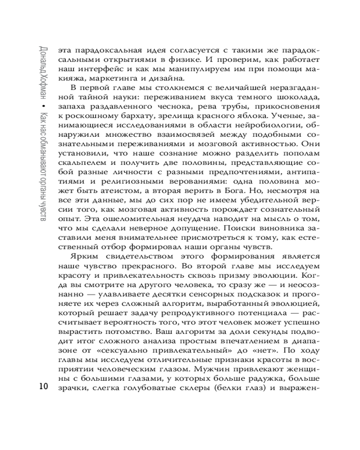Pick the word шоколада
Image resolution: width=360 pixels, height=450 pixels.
point(294,107)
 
